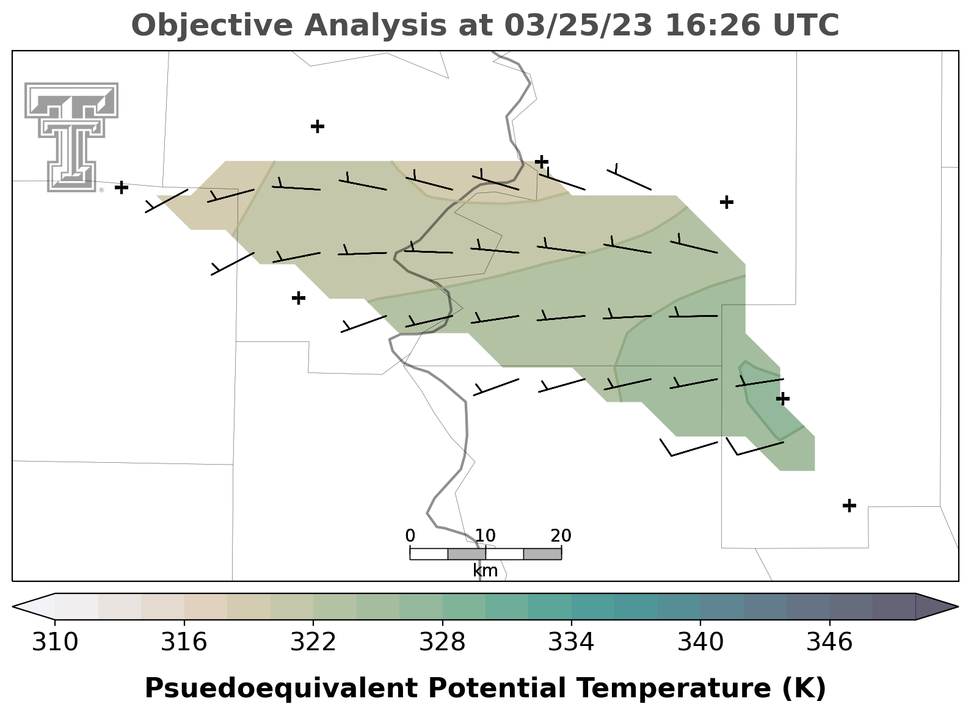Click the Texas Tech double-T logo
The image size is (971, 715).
point(71,137)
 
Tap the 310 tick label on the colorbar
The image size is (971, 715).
point(55,642)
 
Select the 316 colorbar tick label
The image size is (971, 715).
point(184,642)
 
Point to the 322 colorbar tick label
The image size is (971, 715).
point(313,642)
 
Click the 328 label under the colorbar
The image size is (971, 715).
point(442,642)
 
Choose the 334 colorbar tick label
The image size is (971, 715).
point(572,642)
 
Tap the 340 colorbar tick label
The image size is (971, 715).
point(700,642)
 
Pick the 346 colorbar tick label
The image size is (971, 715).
point(830,642)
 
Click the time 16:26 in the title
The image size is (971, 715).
point(713,25)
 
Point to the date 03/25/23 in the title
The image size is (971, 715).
point(578,25)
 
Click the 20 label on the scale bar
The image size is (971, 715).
point(561,536)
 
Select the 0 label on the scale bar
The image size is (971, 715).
point(410,536)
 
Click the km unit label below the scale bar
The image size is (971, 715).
point(485,571)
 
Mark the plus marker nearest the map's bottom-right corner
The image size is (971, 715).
point(849,506)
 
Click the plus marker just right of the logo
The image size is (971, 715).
point(122,187)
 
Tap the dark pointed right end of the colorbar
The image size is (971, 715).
point(936,607)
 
